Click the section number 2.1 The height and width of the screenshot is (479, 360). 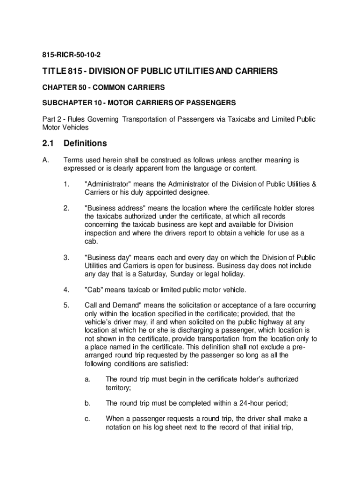48,143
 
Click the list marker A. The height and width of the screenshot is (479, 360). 45,160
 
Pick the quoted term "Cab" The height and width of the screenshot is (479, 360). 95,290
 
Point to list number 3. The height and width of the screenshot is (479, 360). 66,258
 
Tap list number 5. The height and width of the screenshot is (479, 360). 66,306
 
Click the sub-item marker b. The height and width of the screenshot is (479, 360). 87,403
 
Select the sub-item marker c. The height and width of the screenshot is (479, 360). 87,419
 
